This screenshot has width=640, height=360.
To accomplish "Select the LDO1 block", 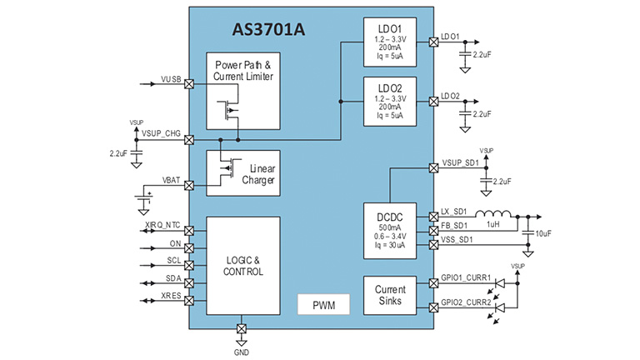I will click(x=390, y=42).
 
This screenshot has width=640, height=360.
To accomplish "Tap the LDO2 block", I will click(x=390, y=101).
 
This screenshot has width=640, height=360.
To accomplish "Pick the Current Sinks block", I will click(x=390, y=294).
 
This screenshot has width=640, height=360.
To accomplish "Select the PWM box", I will click(x=325, y=304).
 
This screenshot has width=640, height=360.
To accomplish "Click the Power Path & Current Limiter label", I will click(x=243, y=71).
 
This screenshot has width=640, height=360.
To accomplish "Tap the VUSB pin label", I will click(x=171, y=80).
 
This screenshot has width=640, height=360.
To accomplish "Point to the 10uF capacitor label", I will click(x=542, y=234).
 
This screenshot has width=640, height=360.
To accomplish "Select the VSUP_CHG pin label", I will click(x=162, y=133).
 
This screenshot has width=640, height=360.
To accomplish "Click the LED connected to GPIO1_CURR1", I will click(x=500, y=283).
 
